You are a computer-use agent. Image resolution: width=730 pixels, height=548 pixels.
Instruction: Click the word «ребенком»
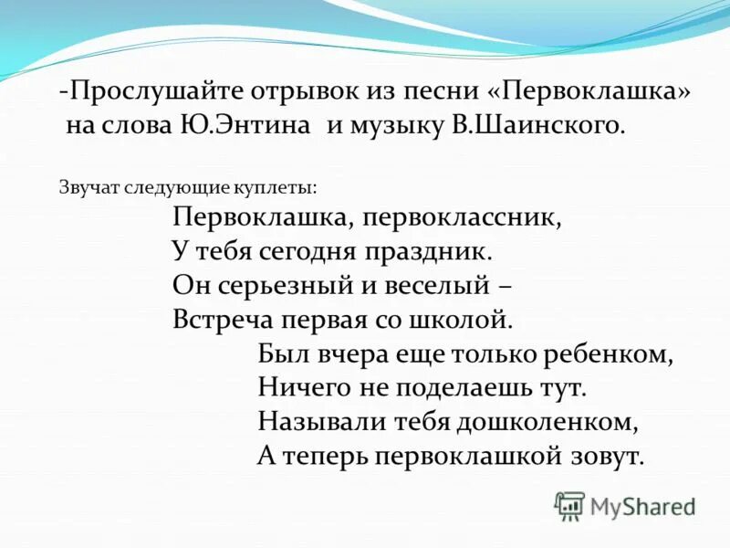[612, 354]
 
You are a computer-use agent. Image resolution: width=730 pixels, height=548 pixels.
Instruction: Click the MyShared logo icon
[569, 505]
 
